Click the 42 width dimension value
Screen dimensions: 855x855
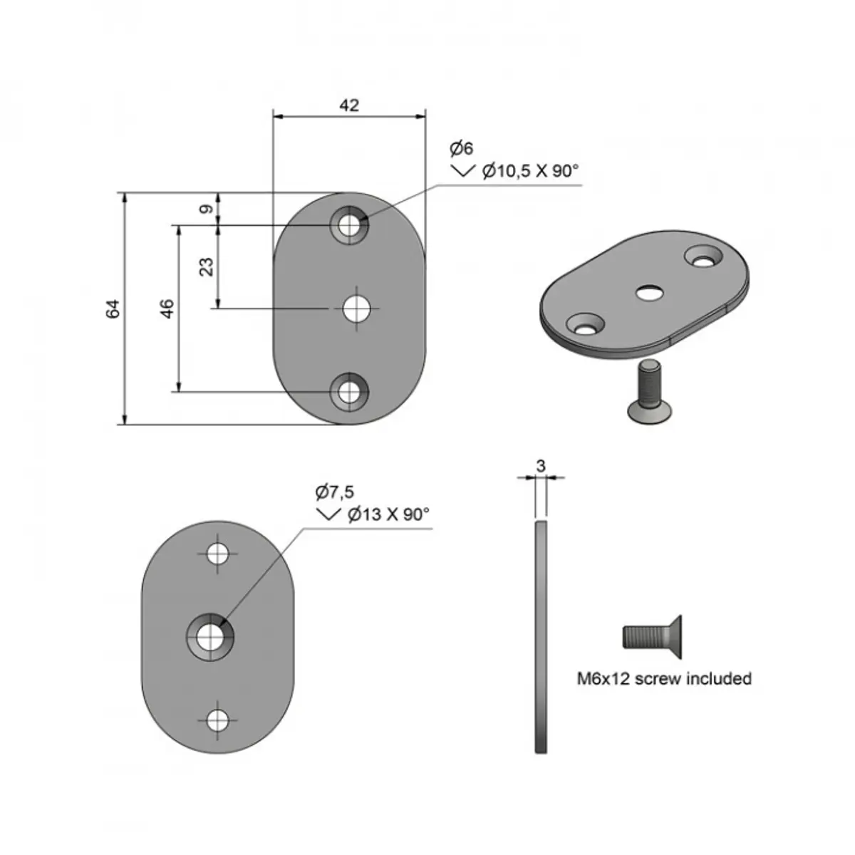[349, 105]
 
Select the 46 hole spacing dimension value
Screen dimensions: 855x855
[167, 309]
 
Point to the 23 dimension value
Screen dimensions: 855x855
[206, 266]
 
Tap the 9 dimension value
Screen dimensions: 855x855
[206, 209]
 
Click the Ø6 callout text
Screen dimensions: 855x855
[461, 149]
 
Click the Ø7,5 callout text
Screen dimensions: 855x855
[334, 492]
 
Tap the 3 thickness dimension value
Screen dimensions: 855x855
[541, 466]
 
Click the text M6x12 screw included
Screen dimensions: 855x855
[664, 678]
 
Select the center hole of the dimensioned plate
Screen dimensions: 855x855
[356, 309]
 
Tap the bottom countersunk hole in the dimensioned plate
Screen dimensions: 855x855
[349, 391]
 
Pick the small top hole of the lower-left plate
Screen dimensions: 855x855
[218, 553]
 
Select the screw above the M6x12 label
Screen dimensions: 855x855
[654, 636]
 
